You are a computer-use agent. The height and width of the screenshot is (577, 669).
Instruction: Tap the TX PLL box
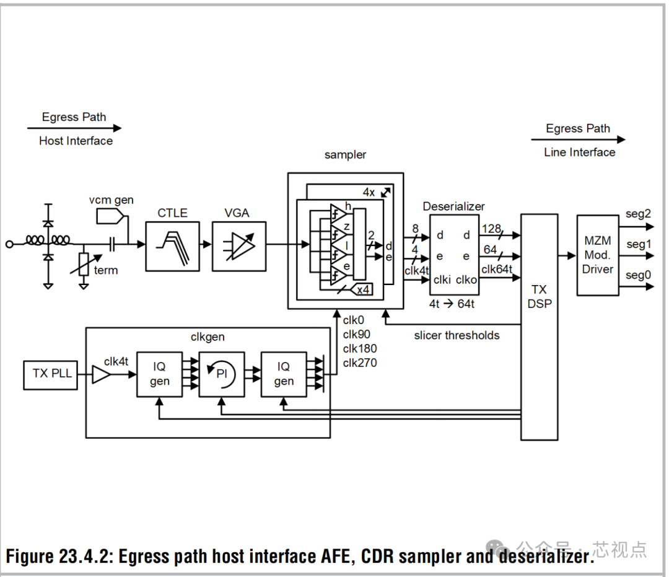[52, 374]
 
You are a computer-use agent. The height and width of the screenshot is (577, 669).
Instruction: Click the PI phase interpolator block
[222, 374]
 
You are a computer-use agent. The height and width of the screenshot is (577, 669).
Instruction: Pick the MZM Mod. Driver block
[598, 255]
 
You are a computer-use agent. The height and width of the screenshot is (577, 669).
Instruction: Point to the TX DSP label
[538, 297]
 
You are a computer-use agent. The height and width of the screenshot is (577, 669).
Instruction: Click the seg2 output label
[638, 214]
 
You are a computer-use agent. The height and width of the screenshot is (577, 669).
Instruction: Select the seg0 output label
[638, 275]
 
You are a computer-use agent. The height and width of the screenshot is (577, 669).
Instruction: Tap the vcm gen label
[111, 200]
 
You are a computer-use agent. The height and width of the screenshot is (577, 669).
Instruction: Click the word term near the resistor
[106, 270]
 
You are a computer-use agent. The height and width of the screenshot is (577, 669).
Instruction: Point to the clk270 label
[360, 363]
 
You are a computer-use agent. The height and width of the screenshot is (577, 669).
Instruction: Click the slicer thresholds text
[457, 335]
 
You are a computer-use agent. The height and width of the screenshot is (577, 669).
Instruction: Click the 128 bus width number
[491, 229]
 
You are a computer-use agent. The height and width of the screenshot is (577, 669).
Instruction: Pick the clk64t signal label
[497, 269]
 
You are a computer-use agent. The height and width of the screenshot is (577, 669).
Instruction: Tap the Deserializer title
[454, 206]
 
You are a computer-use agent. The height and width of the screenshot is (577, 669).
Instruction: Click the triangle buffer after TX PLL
[100, 374]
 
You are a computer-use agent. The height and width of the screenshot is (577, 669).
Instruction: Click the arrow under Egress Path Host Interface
[74, 128]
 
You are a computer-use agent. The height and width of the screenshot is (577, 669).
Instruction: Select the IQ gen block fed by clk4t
[159, 374]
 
